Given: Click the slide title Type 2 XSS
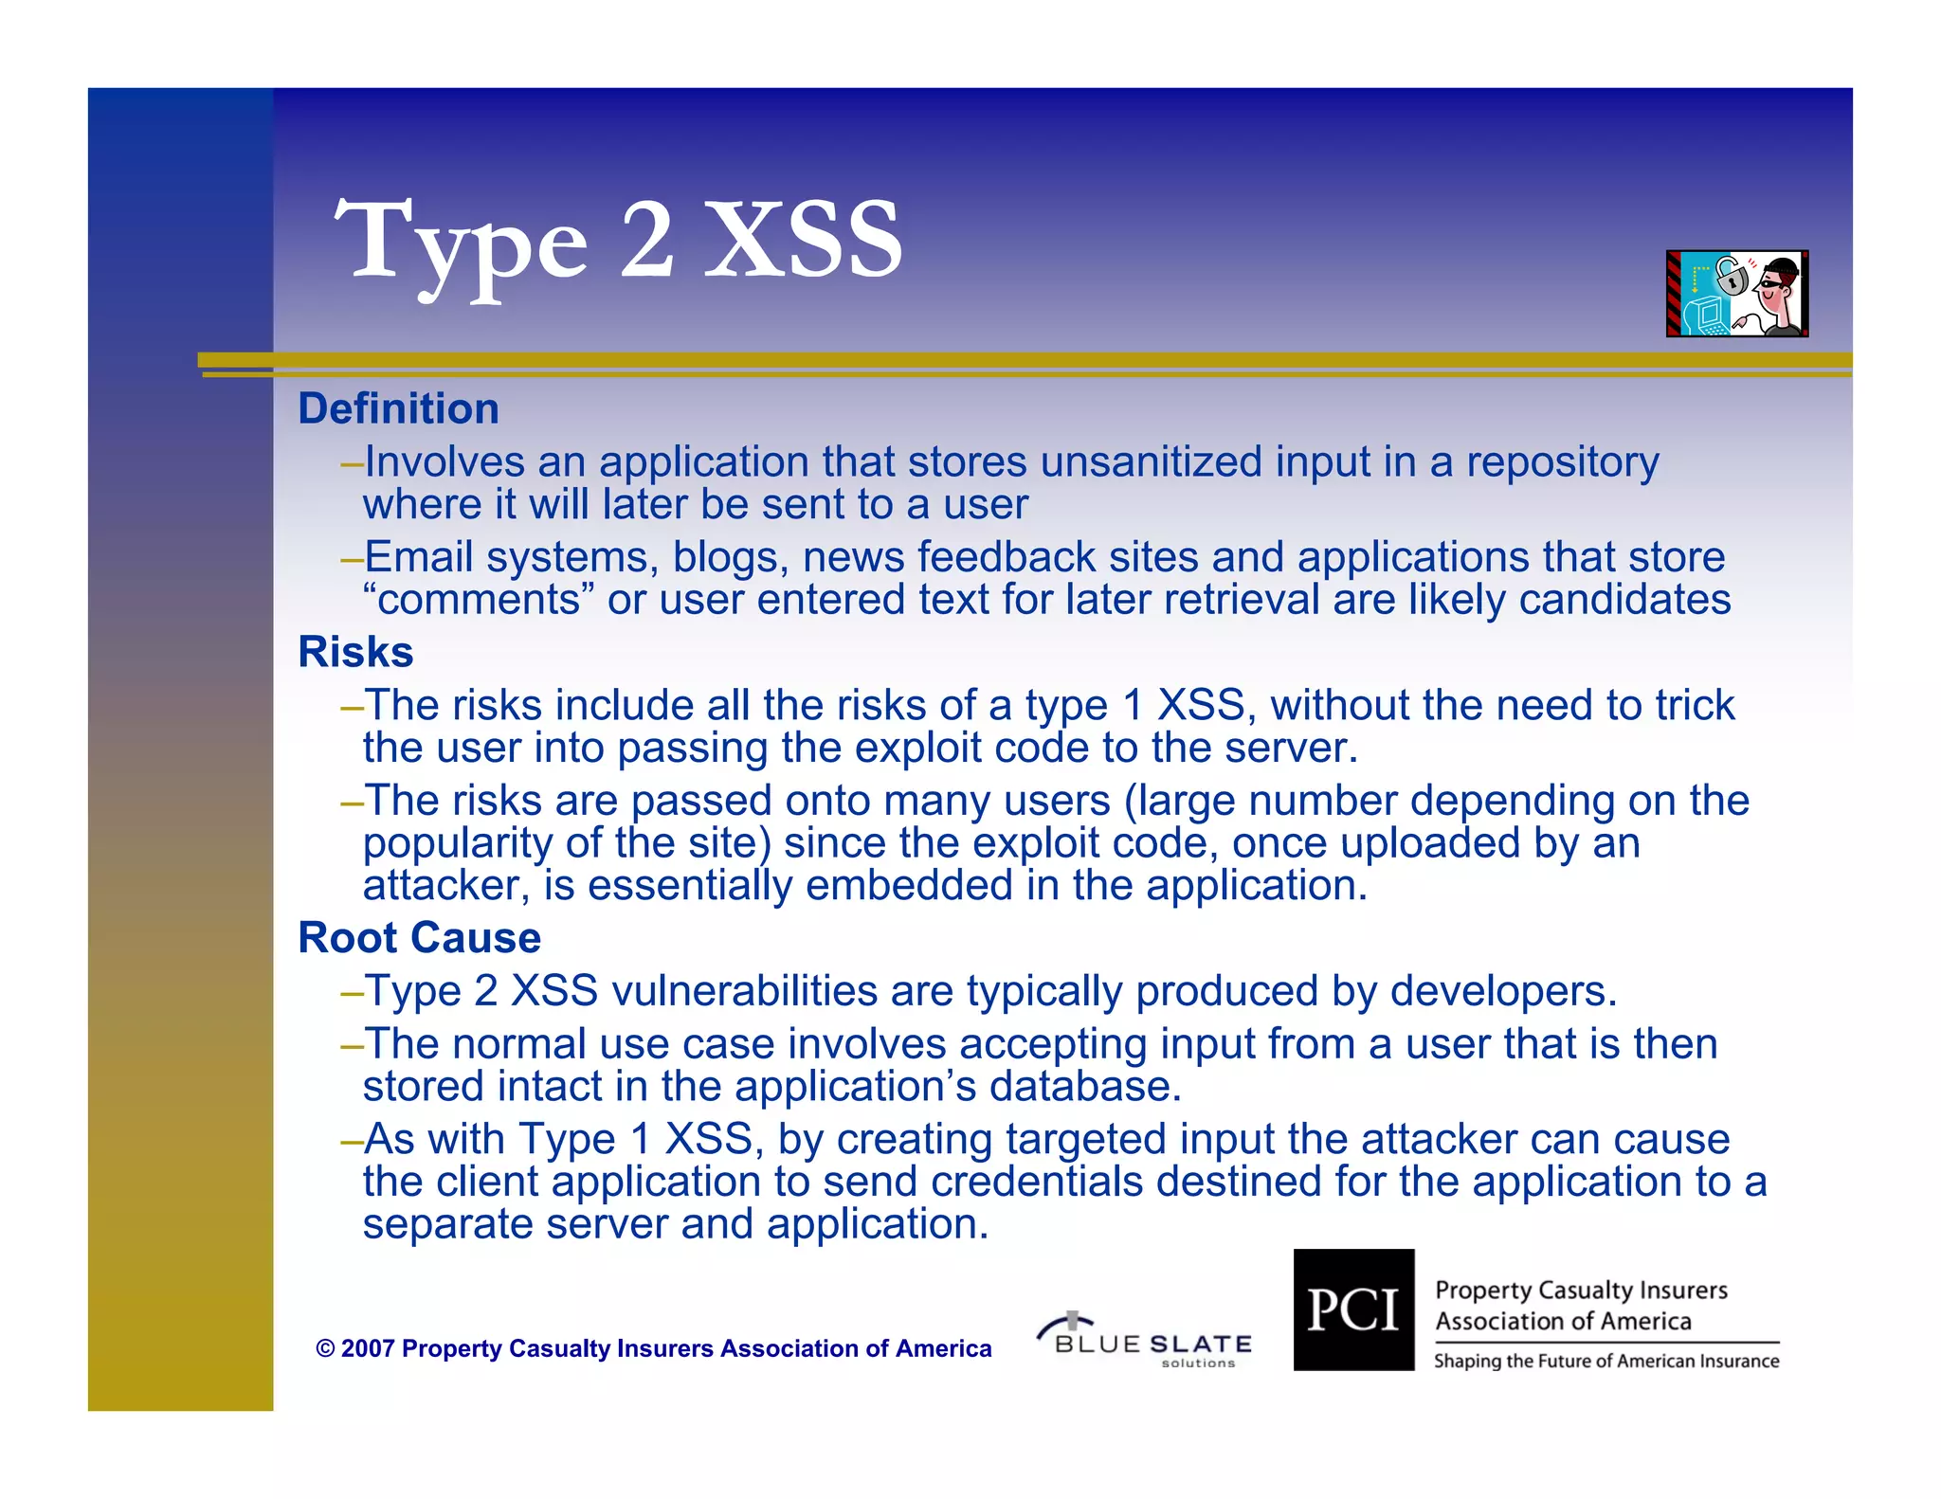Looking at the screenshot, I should (618, 242).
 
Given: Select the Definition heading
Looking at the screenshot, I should (398, 409).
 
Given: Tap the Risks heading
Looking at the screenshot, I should (355, 652).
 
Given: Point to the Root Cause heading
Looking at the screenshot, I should (419, 938).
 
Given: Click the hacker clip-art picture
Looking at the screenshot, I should (1736, 294).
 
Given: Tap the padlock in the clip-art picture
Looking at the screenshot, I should (1732, 278).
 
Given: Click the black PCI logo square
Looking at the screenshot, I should (1353, 1309).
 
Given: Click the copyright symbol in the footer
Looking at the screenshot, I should (325, 1348).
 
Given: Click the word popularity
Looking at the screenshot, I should (458, 842).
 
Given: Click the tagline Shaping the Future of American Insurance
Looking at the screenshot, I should (1606, 1362).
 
